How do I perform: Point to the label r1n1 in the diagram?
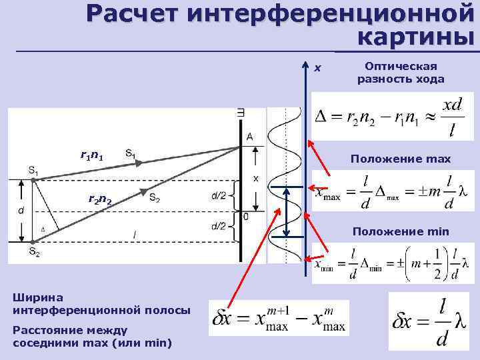[91, 156]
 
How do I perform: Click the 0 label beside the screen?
[247, 217]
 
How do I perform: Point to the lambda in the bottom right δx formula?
[459, 322]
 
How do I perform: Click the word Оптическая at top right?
[401, 66]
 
